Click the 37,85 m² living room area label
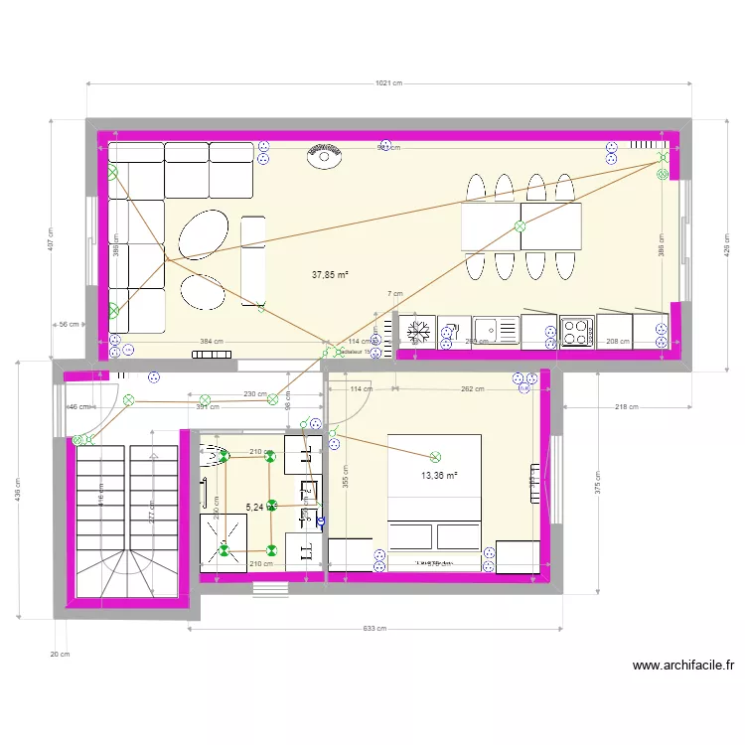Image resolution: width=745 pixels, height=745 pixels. (331, 275)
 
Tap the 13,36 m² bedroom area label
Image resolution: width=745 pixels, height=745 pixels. (439, 476)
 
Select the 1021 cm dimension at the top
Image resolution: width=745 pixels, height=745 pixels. (389, 83)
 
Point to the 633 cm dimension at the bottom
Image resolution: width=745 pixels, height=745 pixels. (374, 629)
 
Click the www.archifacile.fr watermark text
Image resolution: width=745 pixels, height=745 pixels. (682, 667)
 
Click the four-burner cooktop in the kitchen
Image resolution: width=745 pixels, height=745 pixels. (576, 331)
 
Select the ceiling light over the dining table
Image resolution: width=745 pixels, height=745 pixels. (520, 226)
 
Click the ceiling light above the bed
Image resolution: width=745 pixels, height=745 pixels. (435, 458)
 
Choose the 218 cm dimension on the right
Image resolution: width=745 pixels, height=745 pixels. (626, 407)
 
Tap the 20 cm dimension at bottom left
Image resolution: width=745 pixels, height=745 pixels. (60, 654)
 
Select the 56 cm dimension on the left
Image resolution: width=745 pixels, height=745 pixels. (69, 325)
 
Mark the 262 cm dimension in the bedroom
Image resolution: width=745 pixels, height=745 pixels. (472, 389)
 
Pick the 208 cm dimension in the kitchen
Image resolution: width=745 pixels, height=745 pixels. (617, 342)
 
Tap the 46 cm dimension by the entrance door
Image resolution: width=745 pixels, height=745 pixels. (76, 407)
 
